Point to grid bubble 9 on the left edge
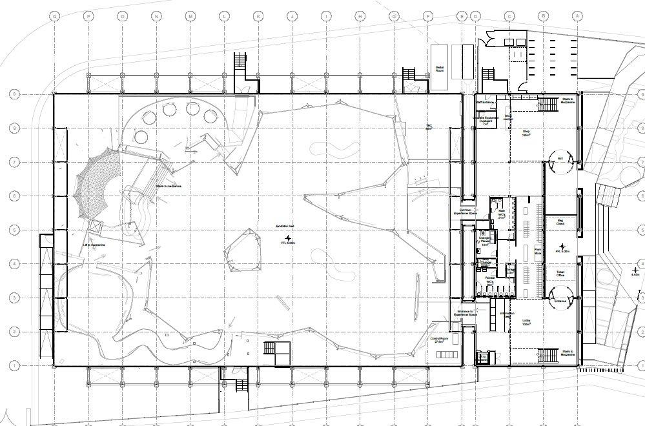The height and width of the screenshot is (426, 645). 14,94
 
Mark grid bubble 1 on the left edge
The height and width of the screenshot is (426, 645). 14,365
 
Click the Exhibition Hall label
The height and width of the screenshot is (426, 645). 285,226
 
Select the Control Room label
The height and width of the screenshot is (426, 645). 441,340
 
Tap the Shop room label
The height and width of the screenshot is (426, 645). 526,134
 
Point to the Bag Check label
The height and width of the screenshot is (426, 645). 560,223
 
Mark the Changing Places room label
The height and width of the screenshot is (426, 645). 486,241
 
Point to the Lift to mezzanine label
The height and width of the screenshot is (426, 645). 94,245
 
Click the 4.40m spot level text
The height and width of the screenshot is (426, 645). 635,274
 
